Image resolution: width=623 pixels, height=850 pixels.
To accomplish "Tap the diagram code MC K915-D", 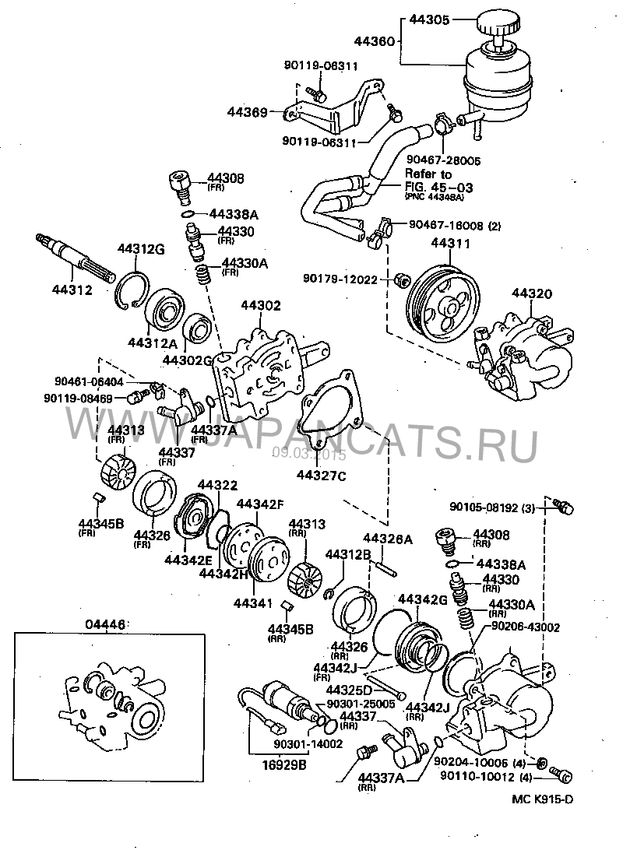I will pos(542,799).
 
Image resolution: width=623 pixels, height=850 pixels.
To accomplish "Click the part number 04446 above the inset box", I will pos(103,624).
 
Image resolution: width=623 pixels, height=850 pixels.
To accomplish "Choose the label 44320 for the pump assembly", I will pos(532,293).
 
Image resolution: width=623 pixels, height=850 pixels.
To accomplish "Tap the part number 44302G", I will pos(188,360).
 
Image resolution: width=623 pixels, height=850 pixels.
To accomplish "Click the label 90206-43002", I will pos(526,626).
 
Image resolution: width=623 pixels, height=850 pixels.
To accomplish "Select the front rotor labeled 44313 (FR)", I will pos(119,469).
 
